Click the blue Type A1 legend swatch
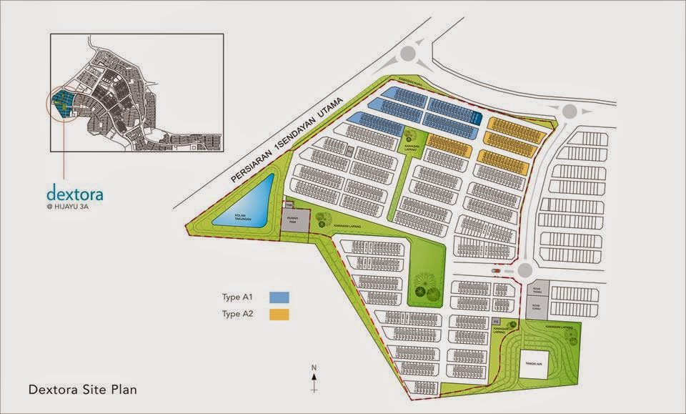point(279,296)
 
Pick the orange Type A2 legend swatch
point(279,314)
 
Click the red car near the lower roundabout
point(495,271)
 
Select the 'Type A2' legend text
point(239,314)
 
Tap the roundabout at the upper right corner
point(570,112)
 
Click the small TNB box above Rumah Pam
point(289,205)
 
